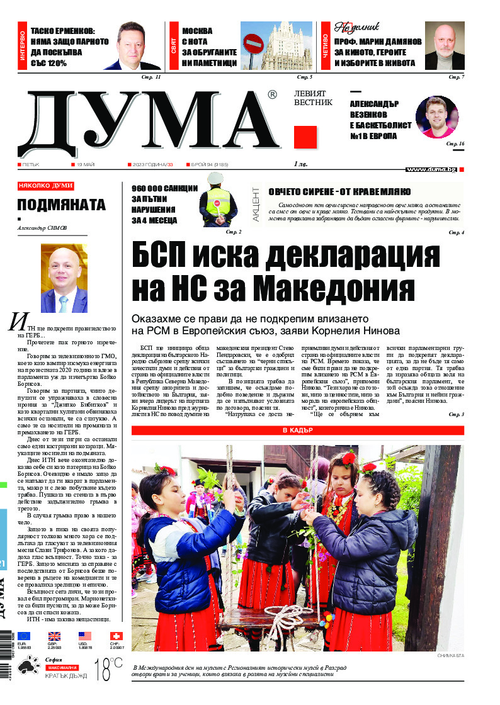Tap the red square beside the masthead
click(x=305, y=137)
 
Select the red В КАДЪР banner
click(x=298, y=431)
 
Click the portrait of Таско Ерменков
click(x=134, y=47)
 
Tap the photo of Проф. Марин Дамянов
click(x=445, y=46)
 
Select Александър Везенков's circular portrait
click(x=437, y=118)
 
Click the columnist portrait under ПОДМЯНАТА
click(x=64, y=278)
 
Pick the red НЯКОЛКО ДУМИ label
click(x=46, y=186)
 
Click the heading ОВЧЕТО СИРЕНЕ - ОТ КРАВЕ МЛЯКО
click(x=339, y=191)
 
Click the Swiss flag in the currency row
click(x=116, y=636)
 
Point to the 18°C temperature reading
click(x=108, y=670)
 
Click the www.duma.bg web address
click(x=431, y=169)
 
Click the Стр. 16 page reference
click(x=455, y=144)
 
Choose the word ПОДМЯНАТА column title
click(x=61, y=205)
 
